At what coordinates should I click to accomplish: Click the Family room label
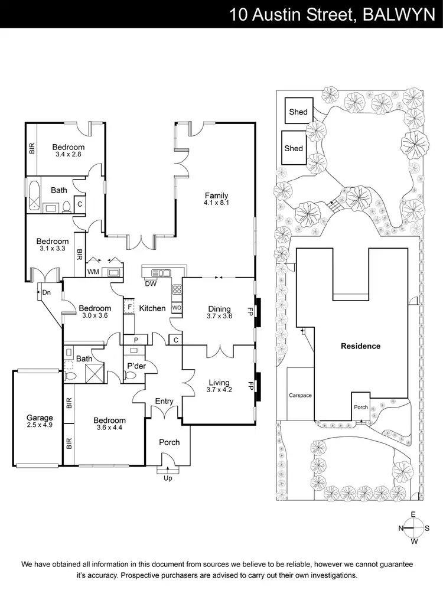[x=216, y=196]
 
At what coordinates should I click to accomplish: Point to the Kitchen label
[x=152, y=308]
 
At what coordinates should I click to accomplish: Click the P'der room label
[x=136, y=367]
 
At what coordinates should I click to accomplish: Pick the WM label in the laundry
[x=93, y=272]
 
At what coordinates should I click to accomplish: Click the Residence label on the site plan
[x=360, y=346]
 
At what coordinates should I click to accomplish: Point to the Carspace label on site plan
[x=299, y=395]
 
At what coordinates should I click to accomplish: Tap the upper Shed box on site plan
[x=298, y=112]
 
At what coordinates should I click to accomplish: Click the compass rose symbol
[x=413, y=527]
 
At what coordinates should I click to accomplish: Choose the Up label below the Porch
[x=168, y=478]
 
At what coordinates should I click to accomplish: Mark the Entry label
[x=164, y=402]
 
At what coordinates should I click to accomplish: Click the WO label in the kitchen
[x=176, y=308]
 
